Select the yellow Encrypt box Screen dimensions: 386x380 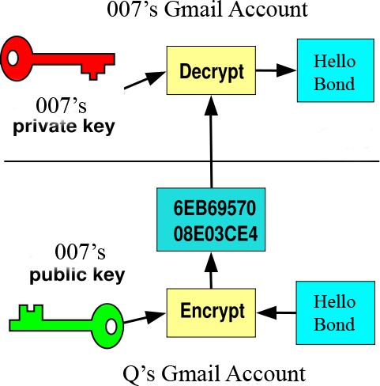point(211,311)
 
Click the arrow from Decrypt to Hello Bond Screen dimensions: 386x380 point(273,71)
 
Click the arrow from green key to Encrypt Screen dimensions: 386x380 point(143,318)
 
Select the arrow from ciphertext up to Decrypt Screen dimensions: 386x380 point(212,142)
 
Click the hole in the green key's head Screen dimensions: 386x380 point(111,322)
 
